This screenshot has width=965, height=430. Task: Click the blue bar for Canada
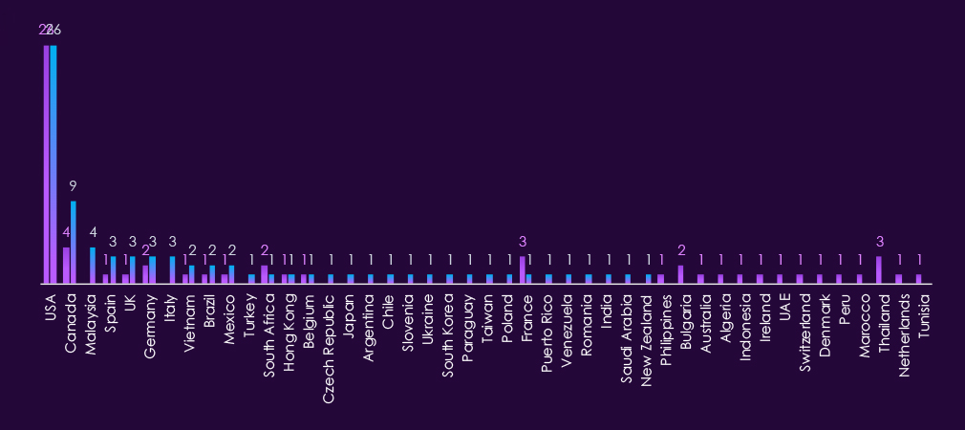[x=74, y=243]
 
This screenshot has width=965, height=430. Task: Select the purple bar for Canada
[x=66, y=266]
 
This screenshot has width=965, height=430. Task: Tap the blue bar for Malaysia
[x=93, y=266]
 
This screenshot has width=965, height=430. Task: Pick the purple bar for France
[x=522, y=270]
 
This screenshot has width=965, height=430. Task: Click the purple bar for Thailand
[x=879, y=270]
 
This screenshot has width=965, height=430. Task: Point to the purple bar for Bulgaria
[x=680, y=275]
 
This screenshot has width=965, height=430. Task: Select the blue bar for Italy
[x=173, y=270]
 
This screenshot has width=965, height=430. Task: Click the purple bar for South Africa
[x=265, y=275]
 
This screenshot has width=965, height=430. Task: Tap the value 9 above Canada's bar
[x=74, y=185]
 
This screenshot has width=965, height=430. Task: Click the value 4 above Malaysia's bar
[x=93, y=232]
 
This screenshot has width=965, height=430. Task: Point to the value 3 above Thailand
[x=879, y=242]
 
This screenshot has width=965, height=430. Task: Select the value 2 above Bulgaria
[x=681, y=250]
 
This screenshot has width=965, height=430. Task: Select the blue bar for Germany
[x=152, y=270]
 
